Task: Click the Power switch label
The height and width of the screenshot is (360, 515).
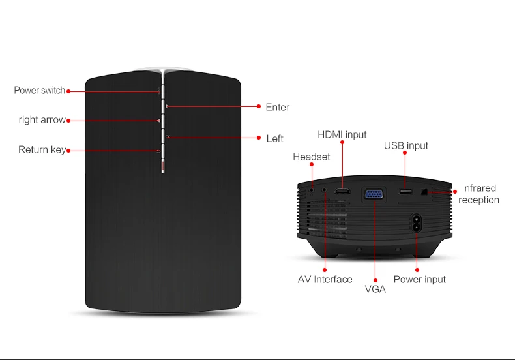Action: pyautogui.click(x=39, y=91)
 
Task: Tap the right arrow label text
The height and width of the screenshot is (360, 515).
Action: pyautogui.click(x=42, y=119)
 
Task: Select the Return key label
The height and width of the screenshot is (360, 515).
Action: pyautogui.click(x=42, y=150)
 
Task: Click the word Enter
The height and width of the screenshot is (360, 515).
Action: pyautogui.click(x=278, y=107)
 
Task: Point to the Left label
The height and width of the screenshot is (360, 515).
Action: pyautogui.click(x=274, y=138)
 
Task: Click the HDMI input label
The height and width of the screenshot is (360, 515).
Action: pyautogui.click(x=342, y=134)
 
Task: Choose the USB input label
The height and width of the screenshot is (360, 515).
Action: pyautogui.click(x=406, y=145)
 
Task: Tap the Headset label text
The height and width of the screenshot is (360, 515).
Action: pyautogui.click(x=312, y=157)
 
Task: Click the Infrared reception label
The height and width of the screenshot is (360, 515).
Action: pyautogui.click(x=479, y=194)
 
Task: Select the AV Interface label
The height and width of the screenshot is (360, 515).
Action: pyautogui.click(x=325, y=279)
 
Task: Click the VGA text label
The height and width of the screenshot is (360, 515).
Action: pyautogui.click(x=375, y=289)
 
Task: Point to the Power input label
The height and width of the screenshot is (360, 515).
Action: pyautogui.click(x=419, y=279)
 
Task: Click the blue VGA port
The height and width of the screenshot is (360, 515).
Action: pyautogui.click(x=374, y=194)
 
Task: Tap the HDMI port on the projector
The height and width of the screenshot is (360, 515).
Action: pyautogui.click(x=342, y=191)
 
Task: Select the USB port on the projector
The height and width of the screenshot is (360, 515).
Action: pyautogui.click(x=405, y=192)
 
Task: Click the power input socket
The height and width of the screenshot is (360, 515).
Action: pyautogui.click(x=416, y=223)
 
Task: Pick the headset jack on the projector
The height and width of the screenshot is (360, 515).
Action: pyautogui.click(x=312, y=190)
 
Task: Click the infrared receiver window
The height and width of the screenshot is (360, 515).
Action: pyautogui.click(x=424, y=192)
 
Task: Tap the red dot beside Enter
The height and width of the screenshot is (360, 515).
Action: pyautogui.click(x=259, y=106)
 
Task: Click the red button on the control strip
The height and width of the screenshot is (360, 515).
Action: pyautogui.click(x=163, y=166)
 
